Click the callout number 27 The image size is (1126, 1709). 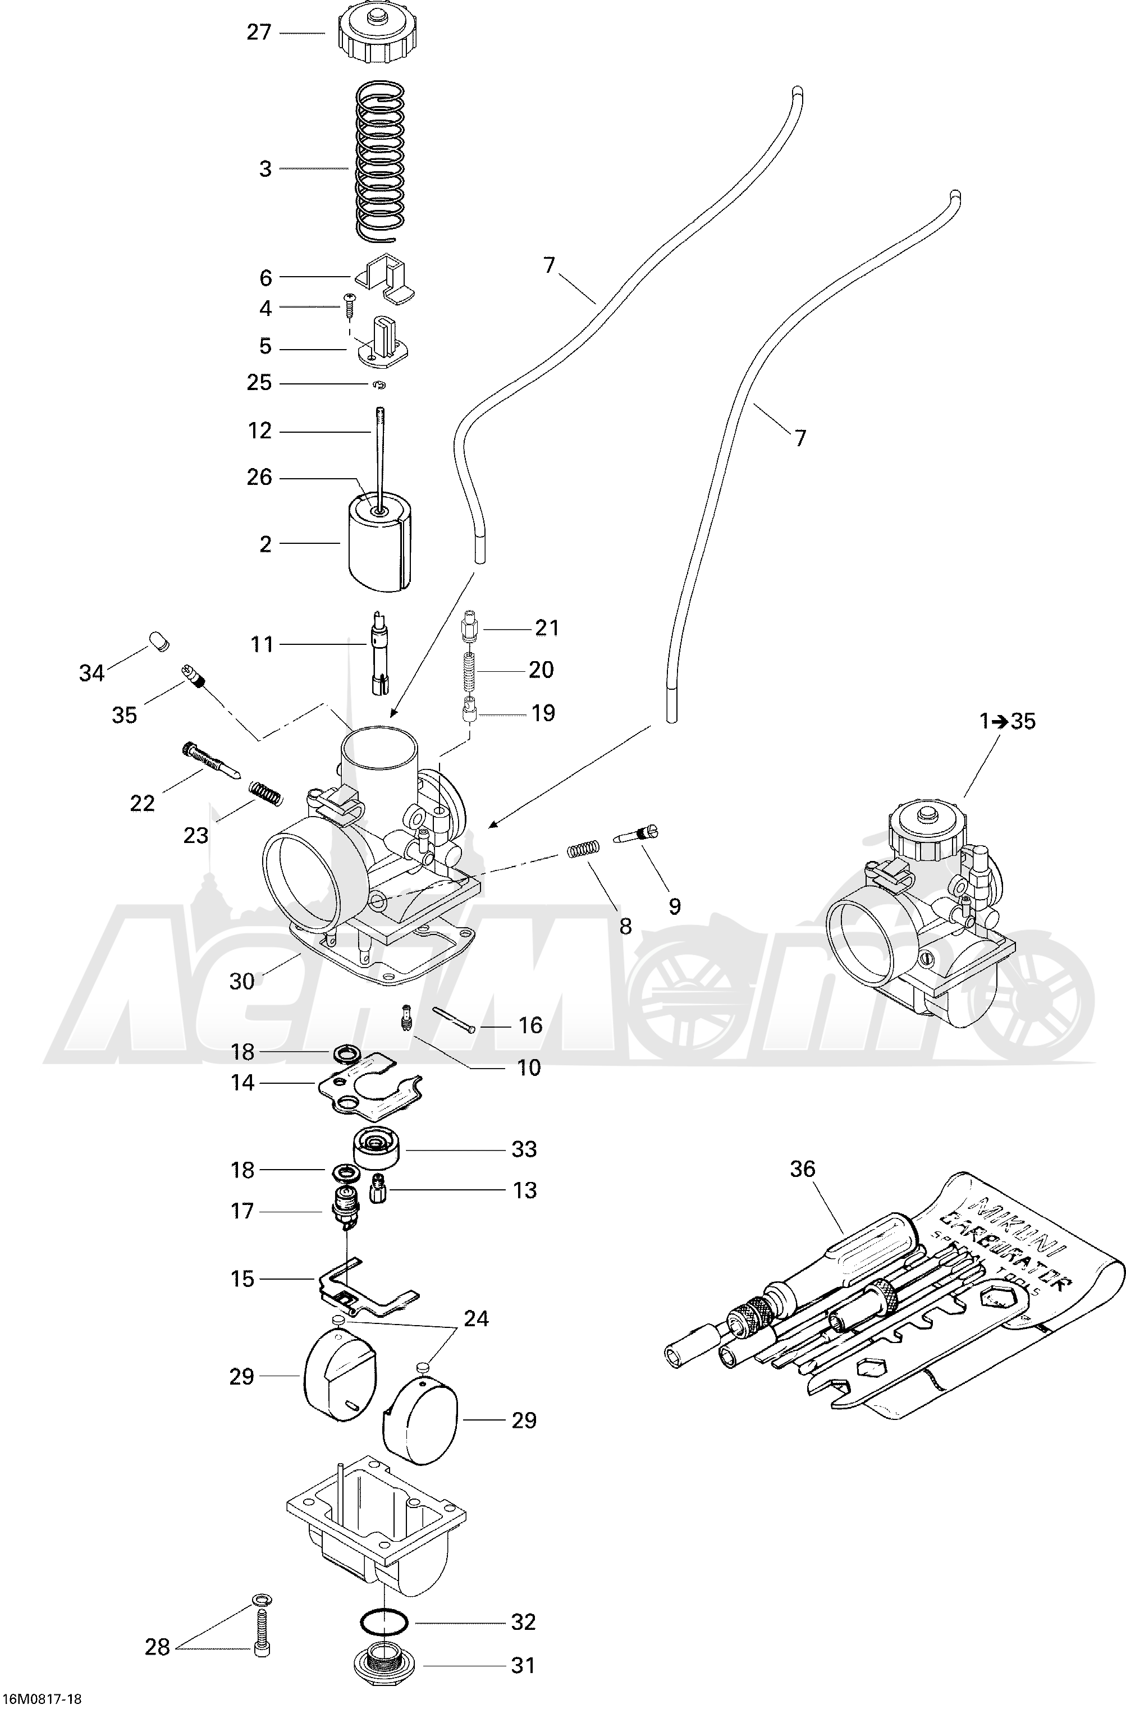pyautogui.click(x=259, y=33)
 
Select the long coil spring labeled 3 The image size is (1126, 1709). pyautogui.click(x=380, y=161)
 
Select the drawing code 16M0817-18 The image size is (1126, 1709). pyautogui.click(x=41, y=1698)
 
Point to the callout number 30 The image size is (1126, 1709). pyautogui.click(x=242, y=981)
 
